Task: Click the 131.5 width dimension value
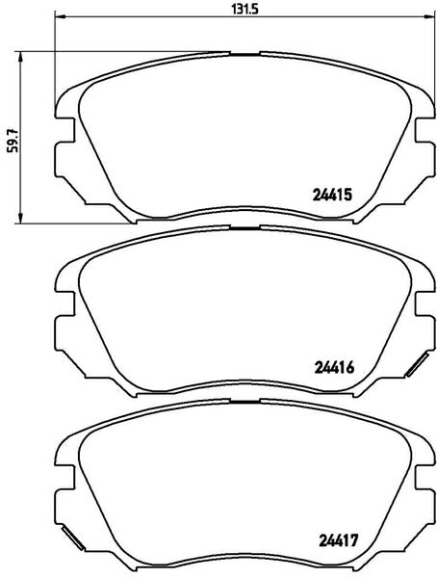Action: (x=245, y=9)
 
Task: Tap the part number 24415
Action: (x=332, y=195)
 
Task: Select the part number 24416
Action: (x=334, y=367)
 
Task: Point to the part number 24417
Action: (x=338, y=540)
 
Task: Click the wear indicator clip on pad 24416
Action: (x=417, y=364)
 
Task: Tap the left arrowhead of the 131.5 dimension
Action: (x=60, y=16)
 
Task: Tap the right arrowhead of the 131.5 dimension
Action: (x=429, y=16)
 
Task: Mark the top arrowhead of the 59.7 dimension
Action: (x=20, y=57)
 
